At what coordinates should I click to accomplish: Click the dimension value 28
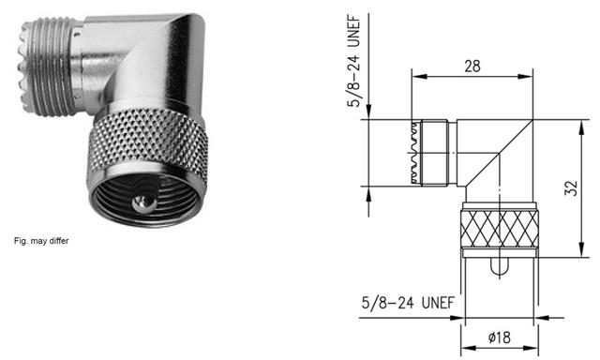[x=472, y=67]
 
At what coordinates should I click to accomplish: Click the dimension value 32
[x=571, y=188]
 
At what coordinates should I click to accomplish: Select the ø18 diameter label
[x=500, y=337]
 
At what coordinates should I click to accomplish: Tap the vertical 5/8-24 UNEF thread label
[x=354, y=61]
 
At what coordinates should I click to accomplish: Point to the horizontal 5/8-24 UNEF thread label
[x=408, y=303]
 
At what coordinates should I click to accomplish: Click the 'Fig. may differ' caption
[x=41, y=241]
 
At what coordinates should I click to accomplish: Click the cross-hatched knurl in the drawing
[x=499, y=229]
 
